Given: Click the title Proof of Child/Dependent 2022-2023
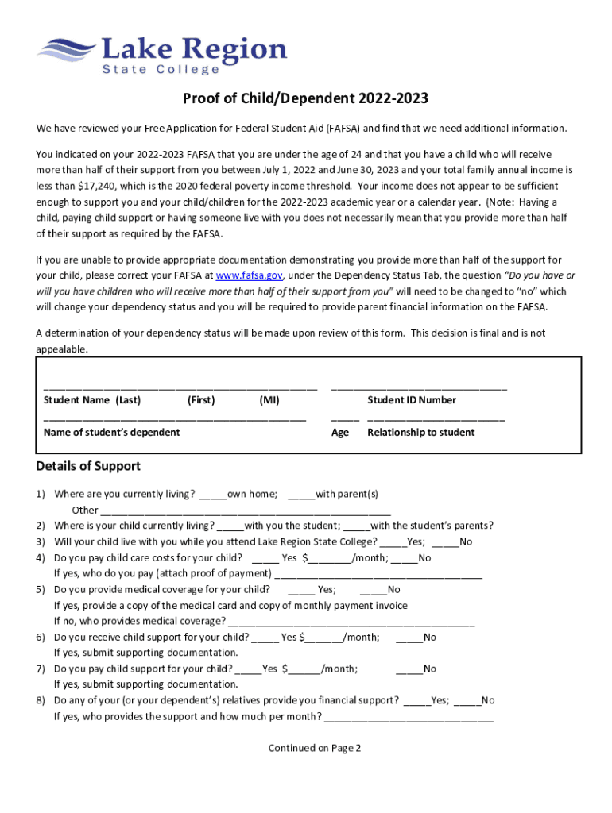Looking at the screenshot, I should click(x=306, y=98).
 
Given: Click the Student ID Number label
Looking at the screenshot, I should click(x=412, y=400).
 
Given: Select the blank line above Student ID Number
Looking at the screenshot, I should click(x=419, y=389).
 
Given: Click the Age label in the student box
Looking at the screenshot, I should click(x=340, y=432).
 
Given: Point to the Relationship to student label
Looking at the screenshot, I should click(x=420, y=432).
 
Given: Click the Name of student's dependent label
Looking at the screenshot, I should click(x=111, y=432).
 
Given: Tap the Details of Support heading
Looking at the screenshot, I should click(x=88, y=466).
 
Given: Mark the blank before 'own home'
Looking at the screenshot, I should click(x=213, y=495).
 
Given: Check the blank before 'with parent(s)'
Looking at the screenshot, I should click(x=301, y=495).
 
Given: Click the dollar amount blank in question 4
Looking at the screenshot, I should click(x=327, y=559).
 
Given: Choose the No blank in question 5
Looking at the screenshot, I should click(x=373, y=591).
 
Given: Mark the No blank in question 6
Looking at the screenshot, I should click(x=409, y=638).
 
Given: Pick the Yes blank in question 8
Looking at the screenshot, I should click(x=416, y=702).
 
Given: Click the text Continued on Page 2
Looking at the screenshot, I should click(x=315, y=748).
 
